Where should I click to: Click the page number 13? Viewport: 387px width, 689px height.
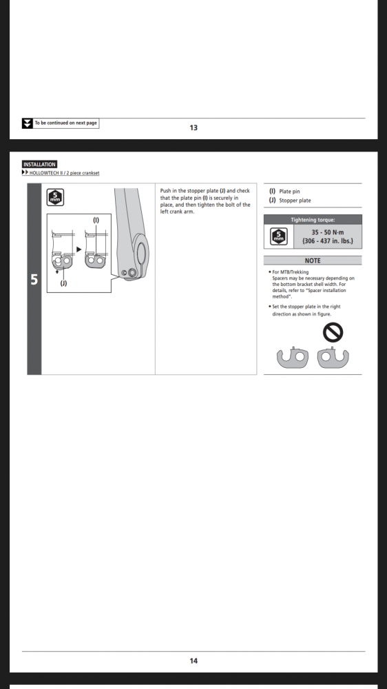(193, 128)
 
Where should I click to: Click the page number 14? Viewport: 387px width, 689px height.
(193, 661)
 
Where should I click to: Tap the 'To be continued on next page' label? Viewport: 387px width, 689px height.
(66, 123)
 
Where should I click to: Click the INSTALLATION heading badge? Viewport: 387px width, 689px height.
(39, 165)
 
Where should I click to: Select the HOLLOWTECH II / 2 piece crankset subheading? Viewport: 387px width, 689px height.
(64, 173)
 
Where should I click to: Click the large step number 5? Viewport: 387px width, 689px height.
(34, 280)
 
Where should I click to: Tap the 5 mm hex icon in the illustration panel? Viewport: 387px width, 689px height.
(55, 197)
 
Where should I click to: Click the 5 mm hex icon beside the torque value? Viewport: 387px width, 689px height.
(278, 237)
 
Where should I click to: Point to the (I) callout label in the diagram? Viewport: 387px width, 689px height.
(96, 220)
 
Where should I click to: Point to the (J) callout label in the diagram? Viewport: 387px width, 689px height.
(63, 283)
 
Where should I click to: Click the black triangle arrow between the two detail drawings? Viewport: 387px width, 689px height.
(79, 249)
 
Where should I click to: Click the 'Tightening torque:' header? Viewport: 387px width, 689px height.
(313, 220)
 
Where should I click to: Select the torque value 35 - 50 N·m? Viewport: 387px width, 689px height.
(328, 232)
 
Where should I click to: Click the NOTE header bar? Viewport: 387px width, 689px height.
(313, 260)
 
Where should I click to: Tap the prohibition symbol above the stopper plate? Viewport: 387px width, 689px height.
(333, 332)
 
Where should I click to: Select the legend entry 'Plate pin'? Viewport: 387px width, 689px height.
(289, 192)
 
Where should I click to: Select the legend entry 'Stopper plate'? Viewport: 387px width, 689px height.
(295, 200)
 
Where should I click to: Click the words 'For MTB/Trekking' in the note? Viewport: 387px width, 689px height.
(291, 272)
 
